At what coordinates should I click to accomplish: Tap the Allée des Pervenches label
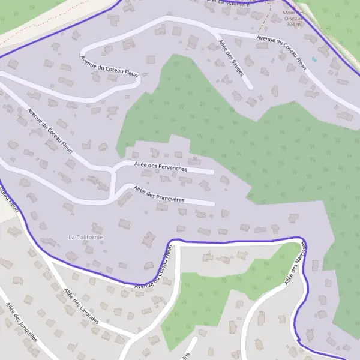coord(160,167)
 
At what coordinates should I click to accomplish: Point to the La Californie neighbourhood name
coord(86,237)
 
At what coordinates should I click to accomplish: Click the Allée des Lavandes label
coord(80,306)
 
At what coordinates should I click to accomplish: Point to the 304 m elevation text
coord(293,25)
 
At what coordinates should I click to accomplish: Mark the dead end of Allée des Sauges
coord(251,88)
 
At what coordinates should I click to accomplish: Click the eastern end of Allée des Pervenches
coord(212,172)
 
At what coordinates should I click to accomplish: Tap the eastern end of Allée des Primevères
coord(212,204)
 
